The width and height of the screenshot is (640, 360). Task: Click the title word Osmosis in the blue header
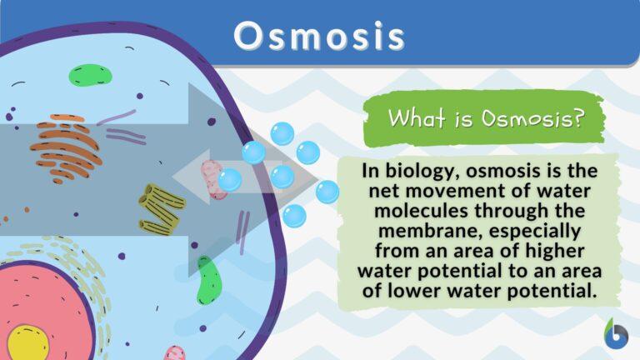[x=320, y=36]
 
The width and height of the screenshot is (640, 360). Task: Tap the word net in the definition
[x=376, y=192]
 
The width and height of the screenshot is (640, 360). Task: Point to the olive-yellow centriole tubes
[x=161, y=200]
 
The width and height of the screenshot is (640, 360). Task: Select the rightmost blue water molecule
[x=327, y=192]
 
